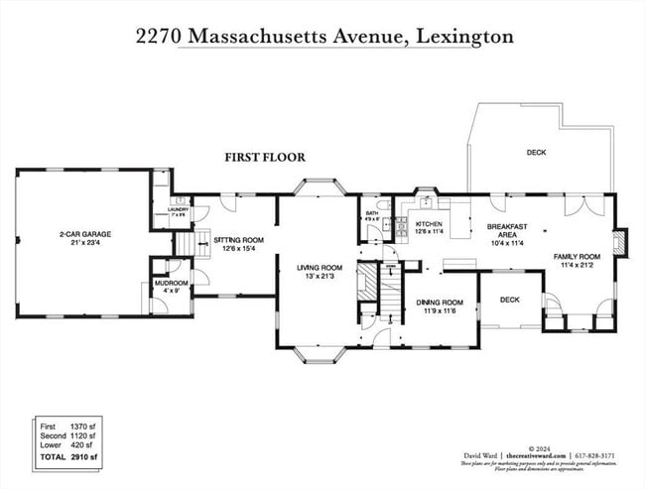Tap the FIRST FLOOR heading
pos(264,157)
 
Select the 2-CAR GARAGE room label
pos(84,234)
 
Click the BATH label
pos(371,212)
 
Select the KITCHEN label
pos(429,225)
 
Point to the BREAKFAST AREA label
pos(506,230)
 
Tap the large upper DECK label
pos(536,152)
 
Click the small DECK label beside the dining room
pos(509,299)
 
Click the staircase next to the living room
pos(369,282)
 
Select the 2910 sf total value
pos(83,457)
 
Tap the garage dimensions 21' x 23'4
pos(84,242)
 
